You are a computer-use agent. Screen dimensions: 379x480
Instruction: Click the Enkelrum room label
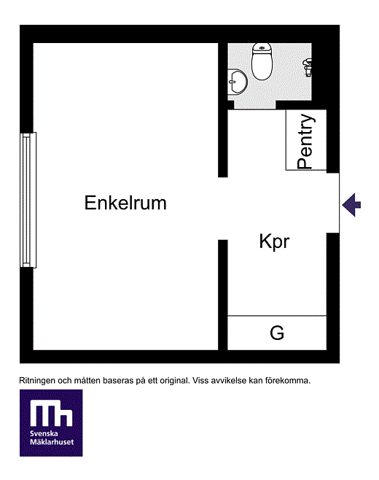[x=125, y=203]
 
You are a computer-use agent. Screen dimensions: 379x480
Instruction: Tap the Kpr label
[x=274, y=242]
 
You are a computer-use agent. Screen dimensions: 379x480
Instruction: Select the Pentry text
[x=305, y=142]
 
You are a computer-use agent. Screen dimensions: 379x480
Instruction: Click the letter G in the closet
[x=277, y=333]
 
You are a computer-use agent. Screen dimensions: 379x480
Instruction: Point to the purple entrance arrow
[x=351, y=205]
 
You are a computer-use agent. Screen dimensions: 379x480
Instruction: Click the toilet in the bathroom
[x=262, y=61]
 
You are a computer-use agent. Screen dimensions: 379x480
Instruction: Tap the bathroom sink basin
[x=238, y=82]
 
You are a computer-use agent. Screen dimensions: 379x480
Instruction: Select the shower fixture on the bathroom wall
[x=307, y=67]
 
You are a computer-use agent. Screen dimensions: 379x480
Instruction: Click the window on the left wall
[x=28, y=200]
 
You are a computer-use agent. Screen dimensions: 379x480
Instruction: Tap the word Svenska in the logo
[x=44, y=434]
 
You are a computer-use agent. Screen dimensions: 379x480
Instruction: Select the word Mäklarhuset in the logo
[x=52, y=442]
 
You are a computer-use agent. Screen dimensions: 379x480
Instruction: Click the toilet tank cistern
[x=262, y=48]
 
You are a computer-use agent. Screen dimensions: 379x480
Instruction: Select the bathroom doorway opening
[x=255, y=105]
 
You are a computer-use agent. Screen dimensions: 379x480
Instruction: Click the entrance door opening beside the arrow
[x=333, y=203]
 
